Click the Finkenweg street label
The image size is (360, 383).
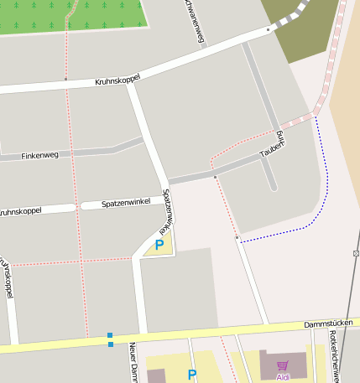(39, 156)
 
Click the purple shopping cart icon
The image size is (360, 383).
(283, 366)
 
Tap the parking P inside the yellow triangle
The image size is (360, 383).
(159, 246)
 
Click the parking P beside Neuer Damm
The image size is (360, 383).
(192, 375)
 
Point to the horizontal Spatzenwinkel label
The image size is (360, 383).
(126, 203)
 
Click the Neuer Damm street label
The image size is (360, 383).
(133, 362)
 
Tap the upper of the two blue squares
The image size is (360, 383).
(110, 335)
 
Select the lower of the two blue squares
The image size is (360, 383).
(110, 344)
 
